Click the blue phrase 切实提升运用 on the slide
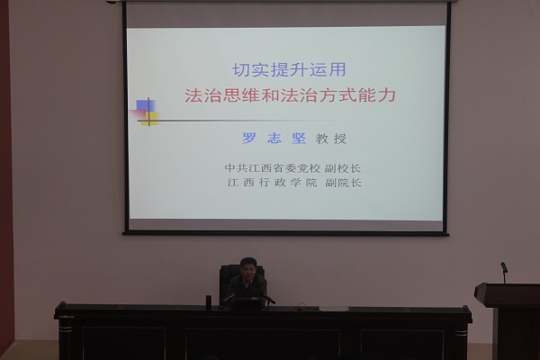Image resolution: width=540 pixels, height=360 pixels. tap(289, 70)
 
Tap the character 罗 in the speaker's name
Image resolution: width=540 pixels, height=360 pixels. tap(249, 139)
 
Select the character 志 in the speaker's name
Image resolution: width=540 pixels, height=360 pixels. tap(274, 139)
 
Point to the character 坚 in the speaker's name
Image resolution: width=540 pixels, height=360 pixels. tap(299, 139)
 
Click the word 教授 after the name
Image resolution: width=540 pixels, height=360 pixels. tap(331, 139)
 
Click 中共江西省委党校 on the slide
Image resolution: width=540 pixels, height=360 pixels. tap(273, 168)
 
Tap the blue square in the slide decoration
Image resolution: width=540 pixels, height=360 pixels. tap(145, 106)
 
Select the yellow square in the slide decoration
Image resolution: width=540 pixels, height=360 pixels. tap(151, 118)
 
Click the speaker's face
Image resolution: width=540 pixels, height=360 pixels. tap(247, 270)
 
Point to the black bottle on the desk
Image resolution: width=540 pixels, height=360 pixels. tap(209, 300)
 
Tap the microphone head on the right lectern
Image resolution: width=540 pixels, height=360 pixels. tap(504, 267)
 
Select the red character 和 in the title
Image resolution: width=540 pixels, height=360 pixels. tap(271, 95)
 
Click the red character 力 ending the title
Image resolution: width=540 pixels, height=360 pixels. tap(386, 95)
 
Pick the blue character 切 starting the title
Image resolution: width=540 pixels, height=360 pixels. tap(241, 70)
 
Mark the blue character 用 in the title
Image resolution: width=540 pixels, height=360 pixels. tap(337, 70)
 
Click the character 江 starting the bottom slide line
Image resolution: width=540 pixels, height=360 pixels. tap(233, 183)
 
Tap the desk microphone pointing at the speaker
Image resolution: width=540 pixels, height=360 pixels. tap(267, 298)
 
